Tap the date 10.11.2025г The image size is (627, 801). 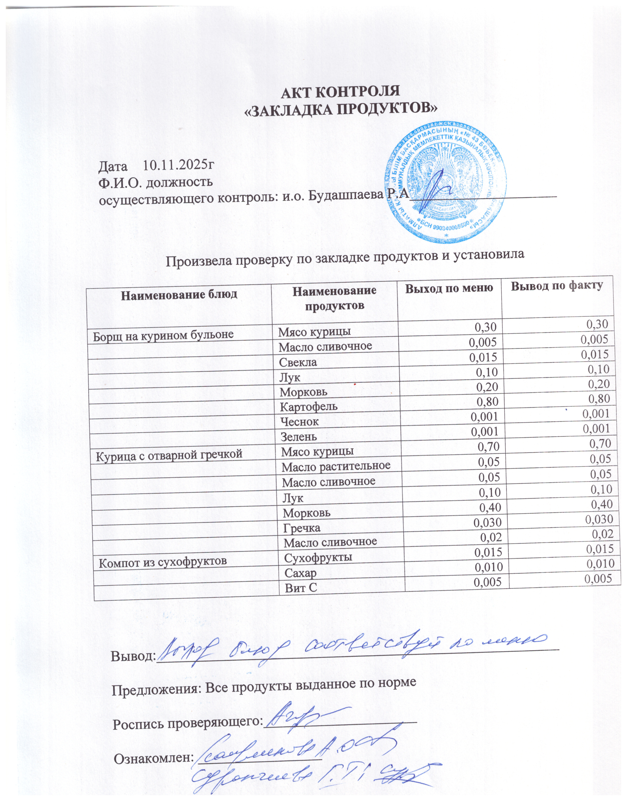(x=178, y=166)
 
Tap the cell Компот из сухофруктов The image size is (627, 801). (x=163, y=561)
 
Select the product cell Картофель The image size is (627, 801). (x=308, y=407)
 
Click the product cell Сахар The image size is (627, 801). (x=300, y=573)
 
